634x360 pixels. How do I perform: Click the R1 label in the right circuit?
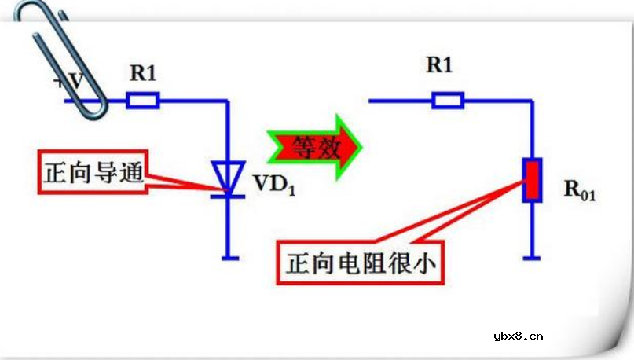(x=439, y=65)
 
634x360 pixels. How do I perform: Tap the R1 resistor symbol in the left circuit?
(x=144, y=101)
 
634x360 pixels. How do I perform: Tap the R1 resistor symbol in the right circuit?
(x=448, y=101)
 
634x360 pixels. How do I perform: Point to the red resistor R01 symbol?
(x=533, y=179)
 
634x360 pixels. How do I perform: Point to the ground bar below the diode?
(x=227, y=256)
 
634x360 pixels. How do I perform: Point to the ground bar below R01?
(x=533, y=256)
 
